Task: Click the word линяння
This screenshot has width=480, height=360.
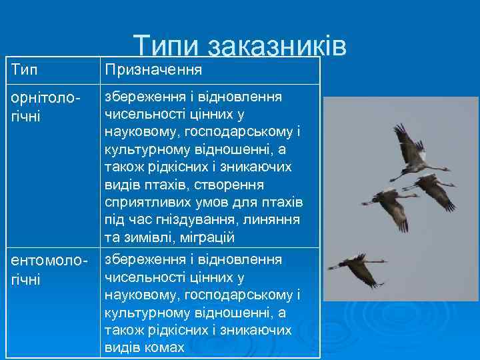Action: (275, 219)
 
